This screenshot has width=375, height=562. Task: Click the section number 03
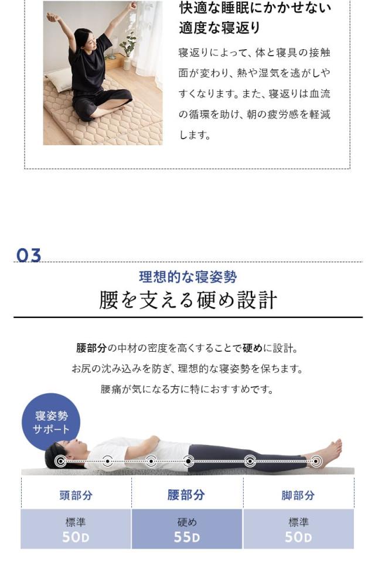click(x=29, y=256)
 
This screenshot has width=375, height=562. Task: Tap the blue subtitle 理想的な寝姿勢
click(x=187, y=277)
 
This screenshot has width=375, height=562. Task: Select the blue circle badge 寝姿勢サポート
click(x=51, y=422)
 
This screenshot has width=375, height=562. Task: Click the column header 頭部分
click(x=76, y=495)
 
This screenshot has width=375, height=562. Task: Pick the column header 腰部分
click(x=187, y=495)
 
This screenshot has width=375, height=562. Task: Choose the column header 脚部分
click(x=298, y=495)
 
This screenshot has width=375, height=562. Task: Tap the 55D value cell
click(x=187, y=529)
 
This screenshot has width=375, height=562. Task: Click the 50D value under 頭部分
click(x=76, y=529)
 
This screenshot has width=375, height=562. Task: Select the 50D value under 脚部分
click(x=298, y=529)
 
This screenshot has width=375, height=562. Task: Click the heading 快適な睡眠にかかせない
click(x=255, y=8)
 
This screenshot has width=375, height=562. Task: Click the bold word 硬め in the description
click(x=253, y=348)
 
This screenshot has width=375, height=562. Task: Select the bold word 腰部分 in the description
click(x=91, y=348)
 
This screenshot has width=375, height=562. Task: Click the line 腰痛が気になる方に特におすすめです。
click(x=187, y=389)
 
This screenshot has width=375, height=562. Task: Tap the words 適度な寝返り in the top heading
click(x=220, y=28)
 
